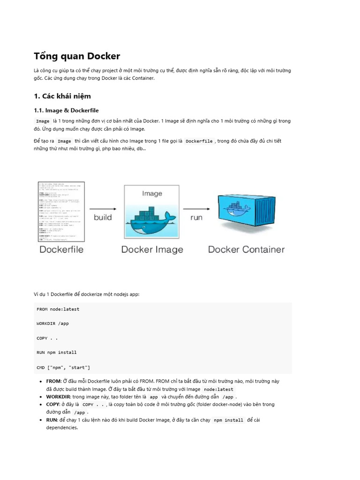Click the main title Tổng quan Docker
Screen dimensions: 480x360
point(77,56)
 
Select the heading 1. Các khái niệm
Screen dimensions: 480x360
point(62,96)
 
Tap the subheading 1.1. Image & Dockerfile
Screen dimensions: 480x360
point(66,111)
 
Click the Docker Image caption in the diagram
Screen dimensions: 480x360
point(152,249)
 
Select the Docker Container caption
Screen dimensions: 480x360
point(246,249)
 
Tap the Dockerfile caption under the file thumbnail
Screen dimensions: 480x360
point(61,249)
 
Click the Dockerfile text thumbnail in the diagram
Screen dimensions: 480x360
point(61,211)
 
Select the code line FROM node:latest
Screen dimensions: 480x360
point(58,309)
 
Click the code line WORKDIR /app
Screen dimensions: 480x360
point(52,324)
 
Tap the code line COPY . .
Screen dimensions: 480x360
point(47,338)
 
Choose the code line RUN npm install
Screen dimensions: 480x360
point(57,352)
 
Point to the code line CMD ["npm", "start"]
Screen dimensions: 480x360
point(63,367)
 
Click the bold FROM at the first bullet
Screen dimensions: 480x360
point(54,382)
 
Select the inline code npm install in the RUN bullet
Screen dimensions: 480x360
point(228,420)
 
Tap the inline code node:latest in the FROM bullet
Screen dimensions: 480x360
point(218,390)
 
